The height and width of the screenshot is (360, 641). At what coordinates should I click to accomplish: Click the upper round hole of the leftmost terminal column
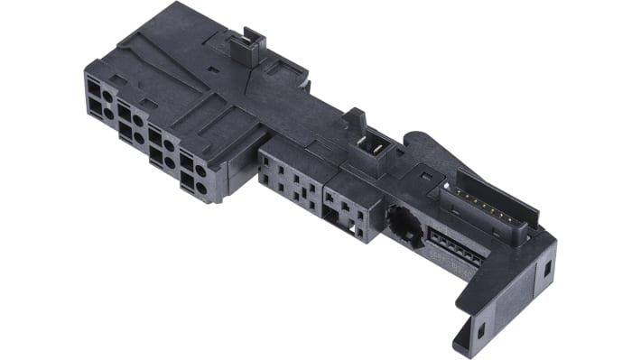tap(108, 95)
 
